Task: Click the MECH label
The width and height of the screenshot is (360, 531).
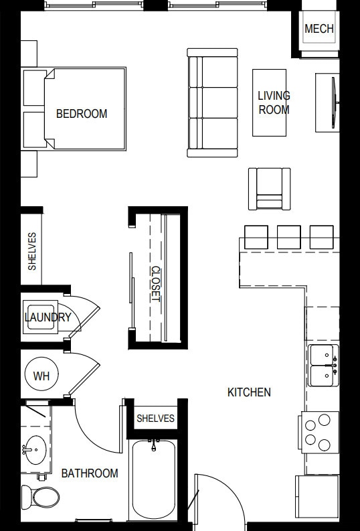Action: [x=319, y=29]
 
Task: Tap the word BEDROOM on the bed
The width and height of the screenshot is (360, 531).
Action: [x=81, y=114]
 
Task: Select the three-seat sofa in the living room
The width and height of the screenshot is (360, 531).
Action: [x=212, y=102]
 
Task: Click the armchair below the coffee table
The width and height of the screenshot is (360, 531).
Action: [x=269, y=189]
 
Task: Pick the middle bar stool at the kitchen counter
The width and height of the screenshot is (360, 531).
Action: [x=288, y=236]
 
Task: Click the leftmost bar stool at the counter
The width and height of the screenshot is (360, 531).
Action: [x=256, y=236]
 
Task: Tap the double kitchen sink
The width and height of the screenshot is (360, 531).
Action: [x=323, y=366]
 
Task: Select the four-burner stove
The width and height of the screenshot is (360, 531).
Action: [x=318, y=432]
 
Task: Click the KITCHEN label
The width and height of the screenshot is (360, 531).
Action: [x=249, y=392]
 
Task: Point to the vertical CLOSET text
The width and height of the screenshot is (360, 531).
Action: [x=155, y=285]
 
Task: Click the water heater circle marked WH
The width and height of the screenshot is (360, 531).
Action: [x=41, y=376]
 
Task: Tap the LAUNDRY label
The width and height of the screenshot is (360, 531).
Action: [x=48, y=317]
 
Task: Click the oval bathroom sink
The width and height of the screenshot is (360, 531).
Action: [x=34, y=449]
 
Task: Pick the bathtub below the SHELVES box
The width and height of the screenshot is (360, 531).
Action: [x=154, y=479]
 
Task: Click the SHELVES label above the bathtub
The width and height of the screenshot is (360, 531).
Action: [x=155, y=419]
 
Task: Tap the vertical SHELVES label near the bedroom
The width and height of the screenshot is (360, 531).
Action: [x=32, y=251]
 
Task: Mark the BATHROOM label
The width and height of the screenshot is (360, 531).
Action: [x=90, y=473]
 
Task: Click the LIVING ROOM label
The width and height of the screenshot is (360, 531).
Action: [x=274, y=102]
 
